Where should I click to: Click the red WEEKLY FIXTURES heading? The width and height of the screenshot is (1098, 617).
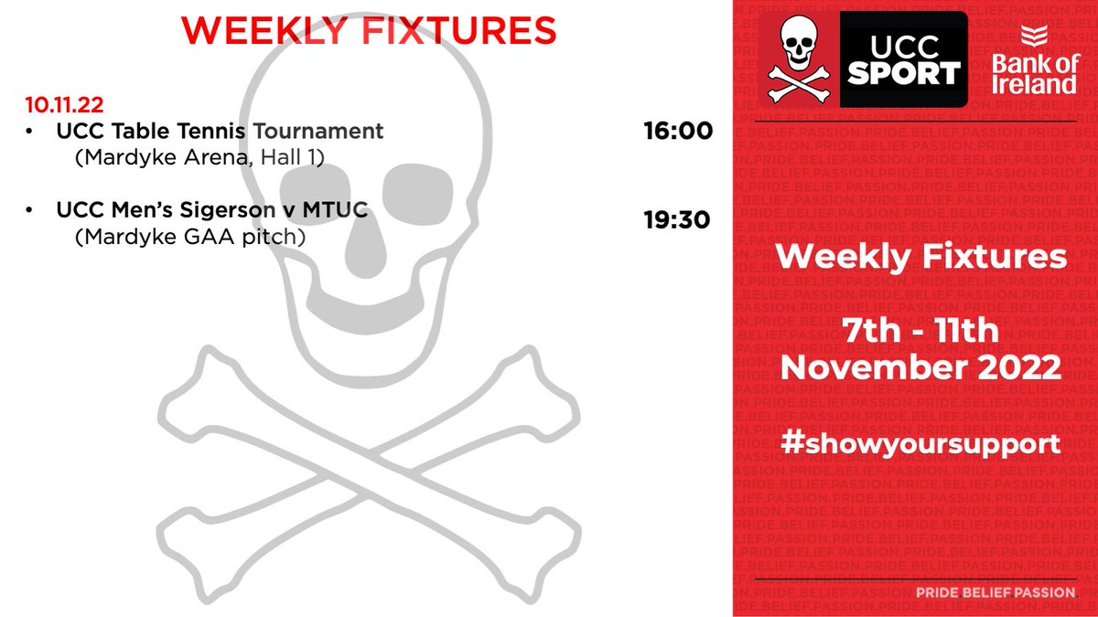[x=369, y=30]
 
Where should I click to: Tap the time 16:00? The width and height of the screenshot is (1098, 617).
[x=678, y=132]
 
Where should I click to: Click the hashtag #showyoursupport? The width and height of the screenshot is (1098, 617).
[x=920, y=443]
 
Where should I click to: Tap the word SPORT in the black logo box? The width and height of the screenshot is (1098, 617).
[x=904, y=73]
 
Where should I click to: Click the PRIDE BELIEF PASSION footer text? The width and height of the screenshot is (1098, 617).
[x=996, y=593]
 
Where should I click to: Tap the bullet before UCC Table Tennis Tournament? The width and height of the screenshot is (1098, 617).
[x=31, y=132]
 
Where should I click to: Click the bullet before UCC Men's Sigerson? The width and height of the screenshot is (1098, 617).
[x=31, y=211]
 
